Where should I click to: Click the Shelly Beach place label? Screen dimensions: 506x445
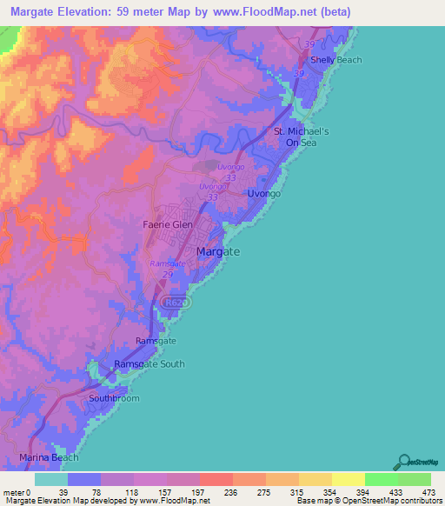(335, 60)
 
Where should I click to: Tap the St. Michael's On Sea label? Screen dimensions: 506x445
(296, 136)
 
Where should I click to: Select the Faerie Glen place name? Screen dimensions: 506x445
(167, 223)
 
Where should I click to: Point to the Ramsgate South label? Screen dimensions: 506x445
(149, 364)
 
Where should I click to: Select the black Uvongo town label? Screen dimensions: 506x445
(264, 194)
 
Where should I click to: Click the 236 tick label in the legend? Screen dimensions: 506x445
(216, 491)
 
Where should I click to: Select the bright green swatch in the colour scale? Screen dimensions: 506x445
(381, 479)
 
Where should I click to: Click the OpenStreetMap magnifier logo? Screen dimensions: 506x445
(403, 463)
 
